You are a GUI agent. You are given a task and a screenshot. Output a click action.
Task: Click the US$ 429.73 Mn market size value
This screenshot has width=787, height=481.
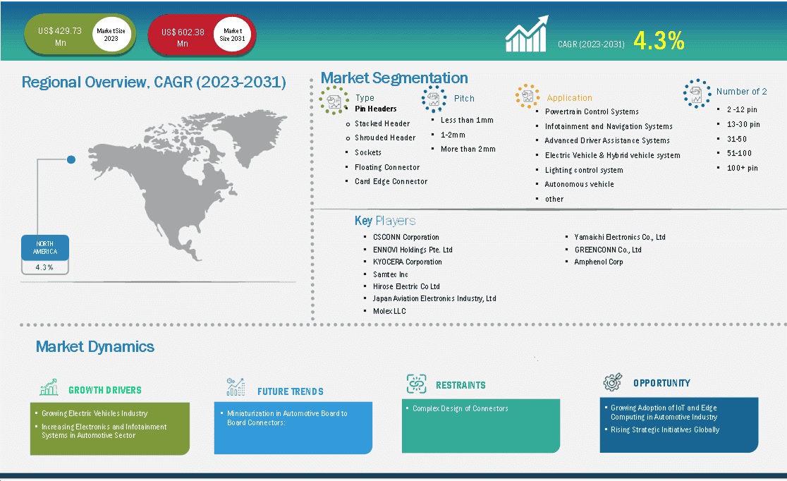pyautogui.click(x=60, y=37)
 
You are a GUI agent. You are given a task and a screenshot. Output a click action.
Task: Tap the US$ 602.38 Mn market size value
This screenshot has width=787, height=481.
pyautogui.click(x=183, y=37)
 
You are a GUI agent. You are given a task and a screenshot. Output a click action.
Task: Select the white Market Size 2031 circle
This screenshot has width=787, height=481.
pyautogui.click(x=232, y=35)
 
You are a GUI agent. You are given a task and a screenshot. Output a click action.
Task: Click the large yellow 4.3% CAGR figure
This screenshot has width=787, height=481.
pyautogui.click(x=659, y=41)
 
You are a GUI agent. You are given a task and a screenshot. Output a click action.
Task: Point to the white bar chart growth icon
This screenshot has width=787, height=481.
pyautogui.click(x=527, y=34)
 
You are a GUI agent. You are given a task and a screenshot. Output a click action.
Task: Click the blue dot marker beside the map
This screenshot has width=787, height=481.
pyautogui.click(x=71, y=159)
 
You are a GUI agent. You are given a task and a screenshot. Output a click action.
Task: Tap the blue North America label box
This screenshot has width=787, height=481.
pyautogui.click(x=45, y=248)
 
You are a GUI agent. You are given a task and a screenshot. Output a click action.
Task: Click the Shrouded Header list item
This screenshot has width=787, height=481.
pyautogui.click(x=385, y=138)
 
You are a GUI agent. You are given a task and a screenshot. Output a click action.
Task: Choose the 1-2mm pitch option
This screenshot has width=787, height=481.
pyautogui.click(x=453, y=135)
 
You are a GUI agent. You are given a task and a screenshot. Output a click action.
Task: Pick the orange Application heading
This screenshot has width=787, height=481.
pyautogui.click(x=569, y=98)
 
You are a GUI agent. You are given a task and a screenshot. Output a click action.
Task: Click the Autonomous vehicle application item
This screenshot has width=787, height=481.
pyautogui.click(x=579, y=184)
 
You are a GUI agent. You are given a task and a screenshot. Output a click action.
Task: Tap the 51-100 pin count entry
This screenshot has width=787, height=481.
pyautogui.click(x=739, y=153)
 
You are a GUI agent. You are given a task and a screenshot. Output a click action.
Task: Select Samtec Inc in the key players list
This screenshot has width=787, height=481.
pyautogui.click(x=391, y=274)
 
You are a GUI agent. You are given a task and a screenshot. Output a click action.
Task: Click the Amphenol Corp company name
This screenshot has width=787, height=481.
pyautogui.click(x=598, y=262)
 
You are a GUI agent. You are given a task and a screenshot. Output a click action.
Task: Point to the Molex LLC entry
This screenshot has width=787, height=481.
pyautogui.click(x=389, y=311)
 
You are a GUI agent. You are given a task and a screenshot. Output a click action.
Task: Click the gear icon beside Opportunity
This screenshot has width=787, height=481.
pyautogui.click(x=612, y=382)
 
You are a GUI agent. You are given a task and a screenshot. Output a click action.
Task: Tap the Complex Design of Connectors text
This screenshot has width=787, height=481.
pyautogui.click(x=460, y=408)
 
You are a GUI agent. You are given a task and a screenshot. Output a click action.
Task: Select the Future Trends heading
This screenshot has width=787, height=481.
pyautogui.click(x=290, y=391)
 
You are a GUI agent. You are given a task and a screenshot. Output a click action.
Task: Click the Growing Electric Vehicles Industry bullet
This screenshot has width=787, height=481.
pyautogui.click(x=94, y=413)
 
